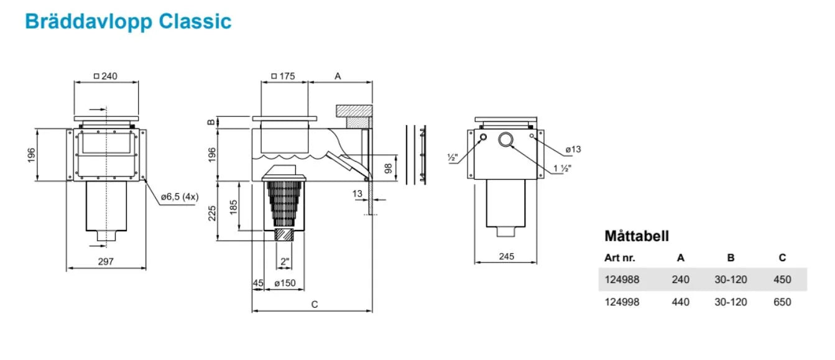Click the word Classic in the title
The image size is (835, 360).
[x=195, y=21]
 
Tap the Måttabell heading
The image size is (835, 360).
[x=636, y=236]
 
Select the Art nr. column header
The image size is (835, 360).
[x=619, y=257]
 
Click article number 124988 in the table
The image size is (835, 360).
[x=621, y=280]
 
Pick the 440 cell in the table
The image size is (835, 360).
[x=680, y=302]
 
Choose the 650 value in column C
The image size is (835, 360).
[x=782, y=302]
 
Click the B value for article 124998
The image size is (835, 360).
[x=731, y=302]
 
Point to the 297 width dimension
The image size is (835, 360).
[x=106, y=262]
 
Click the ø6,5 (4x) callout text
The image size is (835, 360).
[x=180, y=197]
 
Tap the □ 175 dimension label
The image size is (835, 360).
[x=283, y=76]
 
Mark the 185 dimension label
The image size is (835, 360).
[x=233, y=207]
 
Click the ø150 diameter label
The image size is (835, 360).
[x=284, y=284]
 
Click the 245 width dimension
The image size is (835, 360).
[x=506, y=256]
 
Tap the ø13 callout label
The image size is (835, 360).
[x=573, y=149]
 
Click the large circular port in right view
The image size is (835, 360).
[x=506, y=140]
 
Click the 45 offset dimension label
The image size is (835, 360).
[x=257, y=284]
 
